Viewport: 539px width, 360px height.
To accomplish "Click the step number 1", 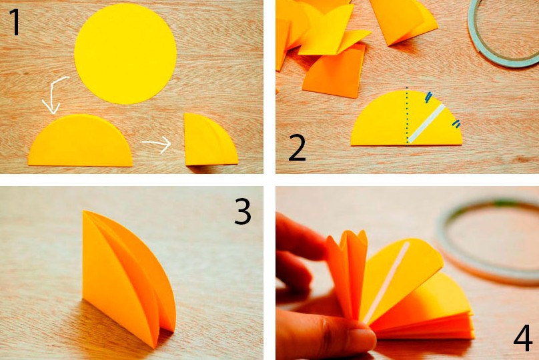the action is pos(15,21).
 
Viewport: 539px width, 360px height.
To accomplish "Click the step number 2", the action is pos(297,148).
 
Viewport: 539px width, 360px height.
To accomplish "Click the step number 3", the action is pos(243,211).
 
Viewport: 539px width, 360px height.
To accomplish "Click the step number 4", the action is pos(523,338).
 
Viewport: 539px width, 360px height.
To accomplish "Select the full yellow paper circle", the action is pos(125,53).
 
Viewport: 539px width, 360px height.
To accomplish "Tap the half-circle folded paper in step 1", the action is pos(81,141).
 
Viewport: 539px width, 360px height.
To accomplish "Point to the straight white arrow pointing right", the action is pos(157,145).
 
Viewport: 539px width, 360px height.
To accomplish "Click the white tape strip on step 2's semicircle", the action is pos(426,123).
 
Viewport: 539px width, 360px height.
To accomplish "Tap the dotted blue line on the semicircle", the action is pos(408,117).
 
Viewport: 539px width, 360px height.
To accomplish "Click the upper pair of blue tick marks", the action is pos(428,97).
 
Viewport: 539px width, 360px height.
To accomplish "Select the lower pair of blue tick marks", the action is pos(456,123).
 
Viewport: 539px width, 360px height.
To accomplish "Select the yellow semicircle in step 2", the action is pos(406,118).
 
